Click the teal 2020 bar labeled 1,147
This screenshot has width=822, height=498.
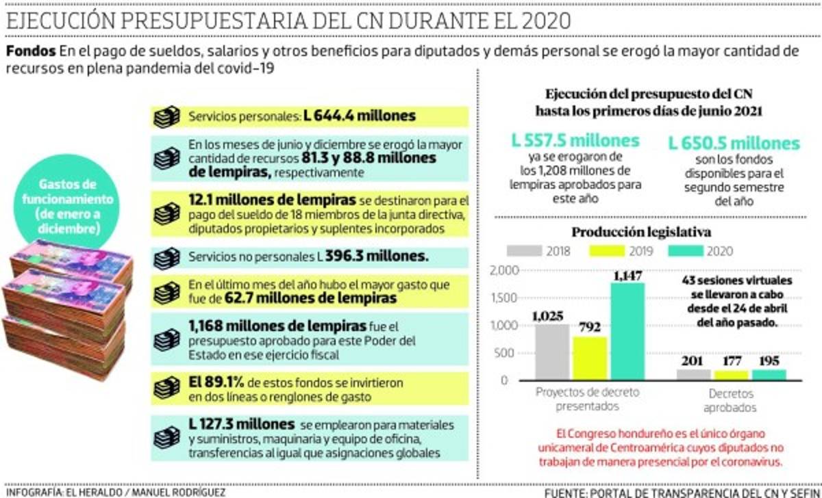pyautogui.click(x=628, y=330)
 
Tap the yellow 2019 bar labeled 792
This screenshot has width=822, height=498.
pyautogui.click(x=589, y=358)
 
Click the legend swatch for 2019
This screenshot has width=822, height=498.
pyautogui.click(x=599, y=250)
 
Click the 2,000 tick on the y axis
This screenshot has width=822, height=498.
pyautogui.click(x=506, y=270)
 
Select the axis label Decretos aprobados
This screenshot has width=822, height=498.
pyautogui.click(x=732, y=401)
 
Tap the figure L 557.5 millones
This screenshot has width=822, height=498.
pyautogui.click(x=575, y=142)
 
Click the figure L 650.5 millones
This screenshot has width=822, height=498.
pyautogui.click(x=734, y=144)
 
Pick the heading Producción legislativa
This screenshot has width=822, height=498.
pyautogui.click(x=641, y=233)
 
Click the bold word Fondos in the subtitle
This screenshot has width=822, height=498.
pyautogui.click(x=30, y=51)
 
